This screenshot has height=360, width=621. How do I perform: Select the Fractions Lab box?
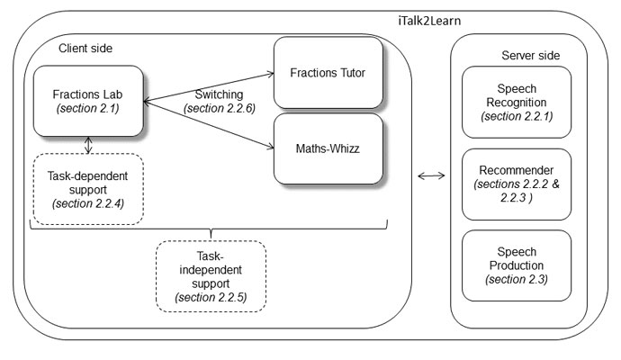click(87, 102)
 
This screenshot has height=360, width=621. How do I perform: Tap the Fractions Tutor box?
click(322, 71)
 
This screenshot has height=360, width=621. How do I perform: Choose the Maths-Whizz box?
click(322, 146)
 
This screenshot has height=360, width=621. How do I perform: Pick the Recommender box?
click(516, 184)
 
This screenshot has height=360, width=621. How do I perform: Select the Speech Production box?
click(516, 265)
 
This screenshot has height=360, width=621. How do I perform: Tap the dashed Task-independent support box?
click(211, 274)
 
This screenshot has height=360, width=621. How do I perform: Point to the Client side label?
click(85, 47)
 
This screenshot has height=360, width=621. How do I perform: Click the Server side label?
click(530, 56)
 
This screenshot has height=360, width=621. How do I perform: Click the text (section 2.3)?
click(516, 280)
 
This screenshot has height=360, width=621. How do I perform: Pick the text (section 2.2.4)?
click(87, 203)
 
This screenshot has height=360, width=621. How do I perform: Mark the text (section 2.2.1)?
click(516, 116)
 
